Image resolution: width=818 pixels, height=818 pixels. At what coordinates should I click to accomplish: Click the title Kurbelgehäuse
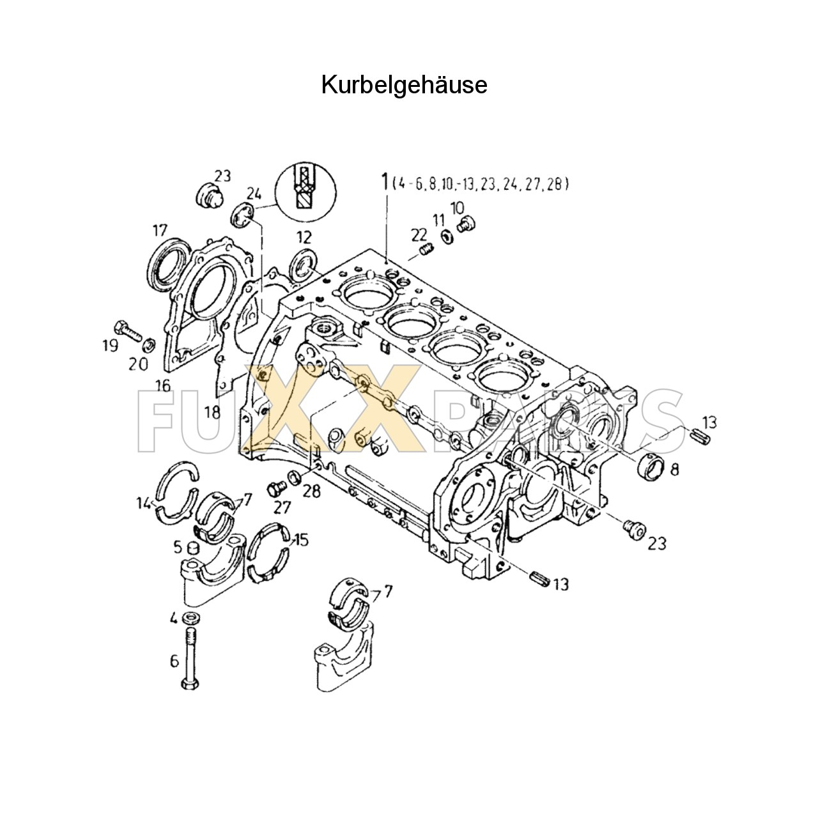(x=404, y=84)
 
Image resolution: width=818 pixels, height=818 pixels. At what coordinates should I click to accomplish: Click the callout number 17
(x=159, y=229)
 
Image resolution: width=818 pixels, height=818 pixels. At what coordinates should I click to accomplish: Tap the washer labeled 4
(x=190, y=618)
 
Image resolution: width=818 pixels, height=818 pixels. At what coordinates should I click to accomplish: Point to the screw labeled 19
(x=128, y=328)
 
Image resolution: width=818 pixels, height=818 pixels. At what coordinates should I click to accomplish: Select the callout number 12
(x=304, y=238)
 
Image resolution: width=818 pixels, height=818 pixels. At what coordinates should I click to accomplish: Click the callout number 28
(x=312, y=491)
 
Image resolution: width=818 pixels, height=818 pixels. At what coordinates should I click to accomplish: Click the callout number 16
(x=163, y=385)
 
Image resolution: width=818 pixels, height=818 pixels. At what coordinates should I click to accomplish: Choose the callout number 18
(x=213, y=412)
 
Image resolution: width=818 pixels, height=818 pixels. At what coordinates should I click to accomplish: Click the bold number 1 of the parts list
(x=385, y=181)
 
